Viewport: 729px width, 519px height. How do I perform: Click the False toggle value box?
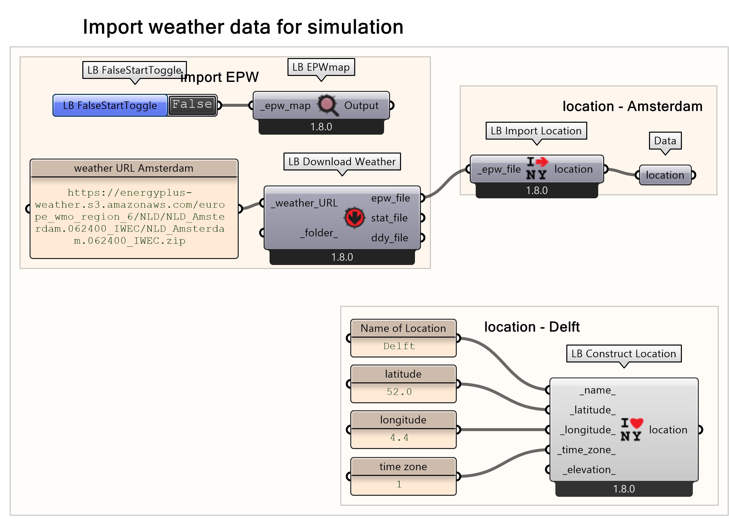pos(192,105)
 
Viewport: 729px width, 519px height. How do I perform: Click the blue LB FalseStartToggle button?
pos(110,105)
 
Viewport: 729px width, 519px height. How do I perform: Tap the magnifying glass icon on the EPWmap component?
pos(327,105)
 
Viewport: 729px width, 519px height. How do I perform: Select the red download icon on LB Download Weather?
pos(354,218)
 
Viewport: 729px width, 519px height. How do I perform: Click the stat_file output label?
pos(389,218)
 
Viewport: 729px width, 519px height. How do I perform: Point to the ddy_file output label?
pos(389,238)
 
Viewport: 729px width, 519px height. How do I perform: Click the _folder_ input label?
pos(319,233)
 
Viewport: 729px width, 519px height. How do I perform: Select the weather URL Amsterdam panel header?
pos(134,168)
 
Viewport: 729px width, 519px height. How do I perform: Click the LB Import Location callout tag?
pos(536,131)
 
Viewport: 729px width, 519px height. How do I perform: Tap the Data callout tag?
pos(665,141)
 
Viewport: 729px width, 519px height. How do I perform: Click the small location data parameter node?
pos(665,175)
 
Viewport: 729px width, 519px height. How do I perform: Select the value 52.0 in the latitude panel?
pos(399,392)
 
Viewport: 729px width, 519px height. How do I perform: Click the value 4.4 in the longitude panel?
pos(399,437)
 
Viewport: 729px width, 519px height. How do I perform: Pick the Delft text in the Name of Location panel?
pos(399,346)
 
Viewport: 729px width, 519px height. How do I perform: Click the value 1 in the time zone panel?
pos(399,484)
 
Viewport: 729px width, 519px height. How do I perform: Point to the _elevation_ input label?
pos(589,470)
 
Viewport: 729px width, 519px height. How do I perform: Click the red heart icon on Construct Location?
pos(636,423)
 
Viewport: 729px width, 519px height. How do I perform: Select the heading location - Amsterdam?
pos(632,106)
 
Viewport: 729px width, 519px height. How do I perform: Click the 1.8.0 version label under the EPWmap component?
pos(321,127)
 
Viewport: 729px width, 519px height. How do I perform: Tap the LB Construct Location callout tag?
pos(623,354)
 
